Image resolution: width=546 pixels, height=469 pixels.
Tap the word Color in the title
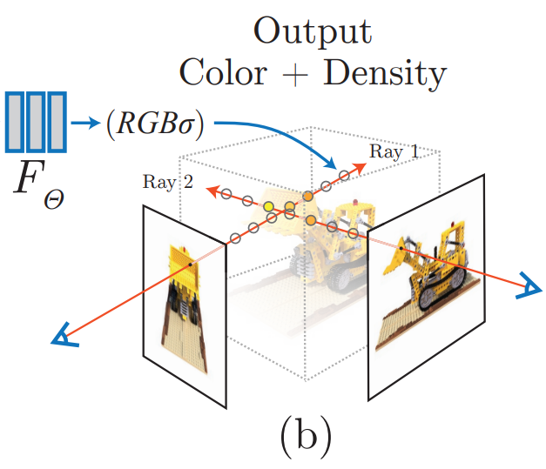pyautogui.click(x=223, y=73)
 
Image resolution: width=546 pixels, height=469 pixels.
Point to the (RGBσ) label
pyautogui.click(x=154, y=124)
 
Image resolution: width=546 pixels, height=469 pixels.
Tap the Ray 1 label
pyautogui.click(x=394, y=152)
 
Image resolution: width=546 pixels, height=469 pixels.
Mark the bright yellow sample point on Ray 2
pyautogui.click(x=269, y=207)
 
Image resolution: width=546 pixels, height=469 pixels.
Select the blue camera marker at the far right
pyautogui.click(x=524, y=287)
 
